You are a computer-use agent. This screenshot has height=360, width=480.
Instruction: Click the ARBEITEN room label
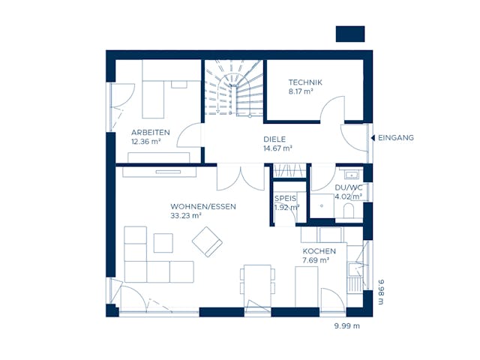click(x=150, y=132)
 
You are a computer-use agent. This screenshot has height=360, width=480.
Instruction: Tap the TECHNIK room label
click(x=304, y=82)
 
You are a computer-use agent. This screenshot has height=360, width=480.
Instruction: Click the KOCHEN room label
click(x=319, y=251)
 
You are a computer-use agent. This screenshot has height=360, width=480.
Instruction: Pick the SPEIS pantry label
click(x=286, y=198)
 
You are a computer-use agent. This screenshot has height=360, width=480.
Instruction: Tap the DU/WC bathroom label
click(x=349, y=188)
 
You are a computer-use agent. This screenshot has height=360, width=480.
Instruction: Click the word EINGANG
click(x=395, y=137)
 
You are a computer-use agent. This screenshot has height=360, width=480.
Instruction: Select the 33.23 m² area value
click(x=186, y=216)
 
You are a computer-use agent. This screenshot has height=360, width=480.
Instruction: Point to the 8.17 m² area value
click(x=301, y=91)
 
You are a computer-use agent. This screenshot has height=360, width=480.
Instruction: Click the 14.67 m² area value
click(x=277, y=148)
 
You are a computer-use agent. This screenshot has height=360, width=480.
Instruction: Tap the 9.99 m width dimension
click(x=347, y=326)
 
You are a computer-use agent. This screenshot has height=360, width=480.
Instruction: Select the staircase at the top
click(x=232, y=88)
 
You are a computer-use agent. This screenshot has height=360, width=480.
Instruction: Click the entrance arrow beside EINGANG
click(x=371, y=137)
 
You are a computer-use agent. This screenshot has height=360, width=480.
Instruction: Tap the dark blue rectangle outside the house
click(x=350, y=34)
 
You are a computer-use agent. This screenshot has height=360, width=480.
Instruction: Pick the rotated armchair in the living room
click(x=207, y=241)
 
